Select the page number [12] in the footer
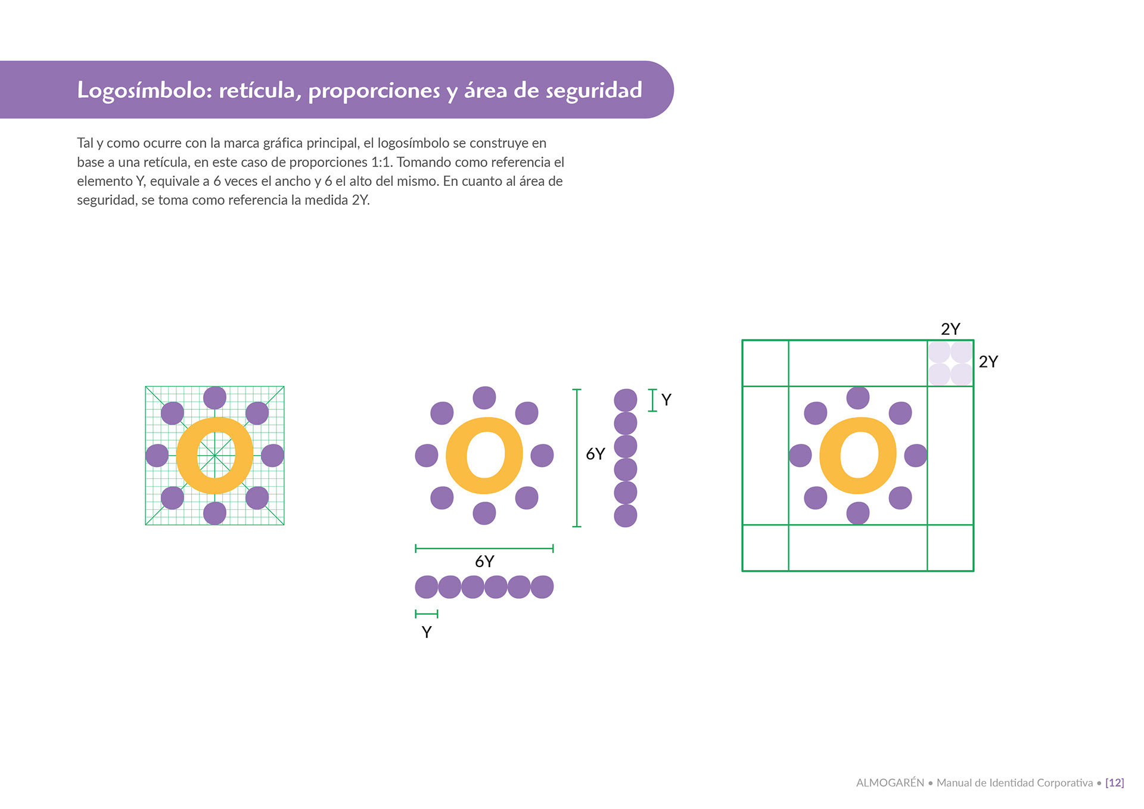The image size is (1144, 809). [x=1114, y=783]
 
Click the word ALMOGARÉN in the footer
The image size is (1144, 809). [x=890, y=783]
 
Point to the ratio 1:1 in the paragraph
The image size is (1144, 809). [x=381, y=162]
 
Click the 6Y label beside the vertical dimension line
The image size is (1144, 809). [x=595, y=454]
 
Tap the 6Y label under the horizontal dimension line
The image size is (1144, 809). [x=484, y=561]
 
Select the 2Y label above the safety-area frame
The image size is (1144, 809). [x=950, y=329]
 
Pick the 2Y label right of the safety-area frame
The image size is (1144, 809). [x=988, y=362]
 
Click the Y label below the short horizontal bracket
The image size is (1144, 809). [x=427, y=632]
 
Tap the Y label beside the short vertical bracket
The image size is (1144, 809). [x=666, y=400]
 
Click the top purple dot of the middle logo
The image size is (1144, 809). [x=484, y=398]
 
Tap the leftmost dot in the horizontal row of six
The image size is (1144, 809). [x=427, y=587]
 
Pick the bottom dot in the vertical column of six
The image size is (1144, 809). [x=626, y=516]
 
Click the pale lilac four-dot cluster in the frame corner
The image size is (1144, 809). [x=950, y=363]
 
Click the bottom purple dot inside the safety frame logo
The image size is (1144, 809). [x=858, y=513]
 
